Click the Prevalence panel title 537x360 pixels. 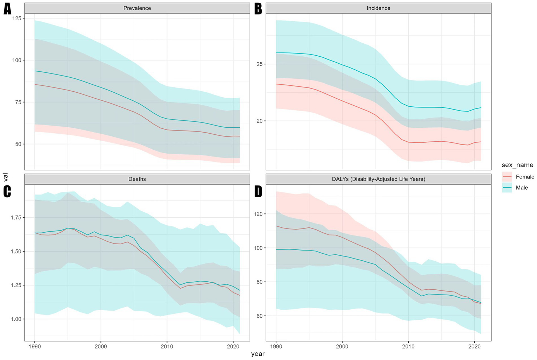[137, 8]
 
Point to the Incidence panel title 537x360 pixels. [379, 8]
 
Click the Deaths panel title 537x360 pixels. [137, 179]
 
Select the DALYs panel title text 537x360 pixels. [379, 179]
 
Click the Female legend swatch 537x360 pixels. [507, 177]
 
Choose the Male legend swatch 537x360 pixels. [507, 188]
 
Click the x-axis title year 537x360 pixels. [258, 354]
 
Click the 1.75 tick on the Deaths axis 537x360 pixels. [15, 218]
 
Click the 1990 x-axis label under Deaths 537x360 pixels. [35, 346]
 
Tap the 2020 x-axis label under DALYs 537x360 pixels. [474, 346]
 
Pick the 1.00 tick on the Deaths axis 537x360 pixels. [15, 319]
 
